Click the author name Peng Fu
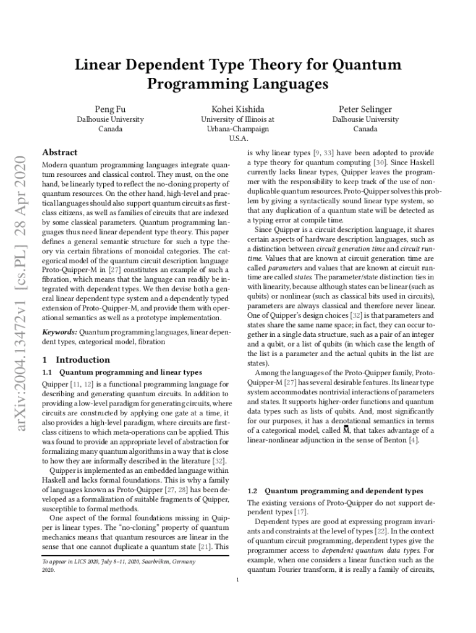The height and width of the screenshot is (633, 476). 110,109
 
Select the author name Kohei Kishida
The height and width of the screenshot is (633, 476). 238,109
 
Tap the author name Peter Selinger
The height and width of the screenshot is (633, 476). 365,109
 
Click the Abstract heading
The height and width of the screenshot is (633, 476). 59,152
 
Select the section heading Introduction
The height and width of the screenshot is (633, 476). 83,359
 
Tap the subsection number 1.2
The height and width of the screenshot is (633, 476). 253,491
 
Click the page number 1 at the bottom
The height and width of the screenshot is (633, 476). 238,580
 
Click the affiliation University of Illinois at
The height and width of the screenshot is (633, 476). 238,119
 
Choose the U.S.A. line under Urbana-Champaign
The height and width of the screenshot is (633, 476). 238,138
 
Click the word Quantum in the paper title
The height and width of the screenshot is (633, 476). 367,65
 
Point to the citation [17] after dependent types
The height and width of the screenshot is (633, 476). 301,512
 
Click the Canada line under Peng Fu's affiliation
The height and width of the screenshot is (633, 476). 110,129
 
